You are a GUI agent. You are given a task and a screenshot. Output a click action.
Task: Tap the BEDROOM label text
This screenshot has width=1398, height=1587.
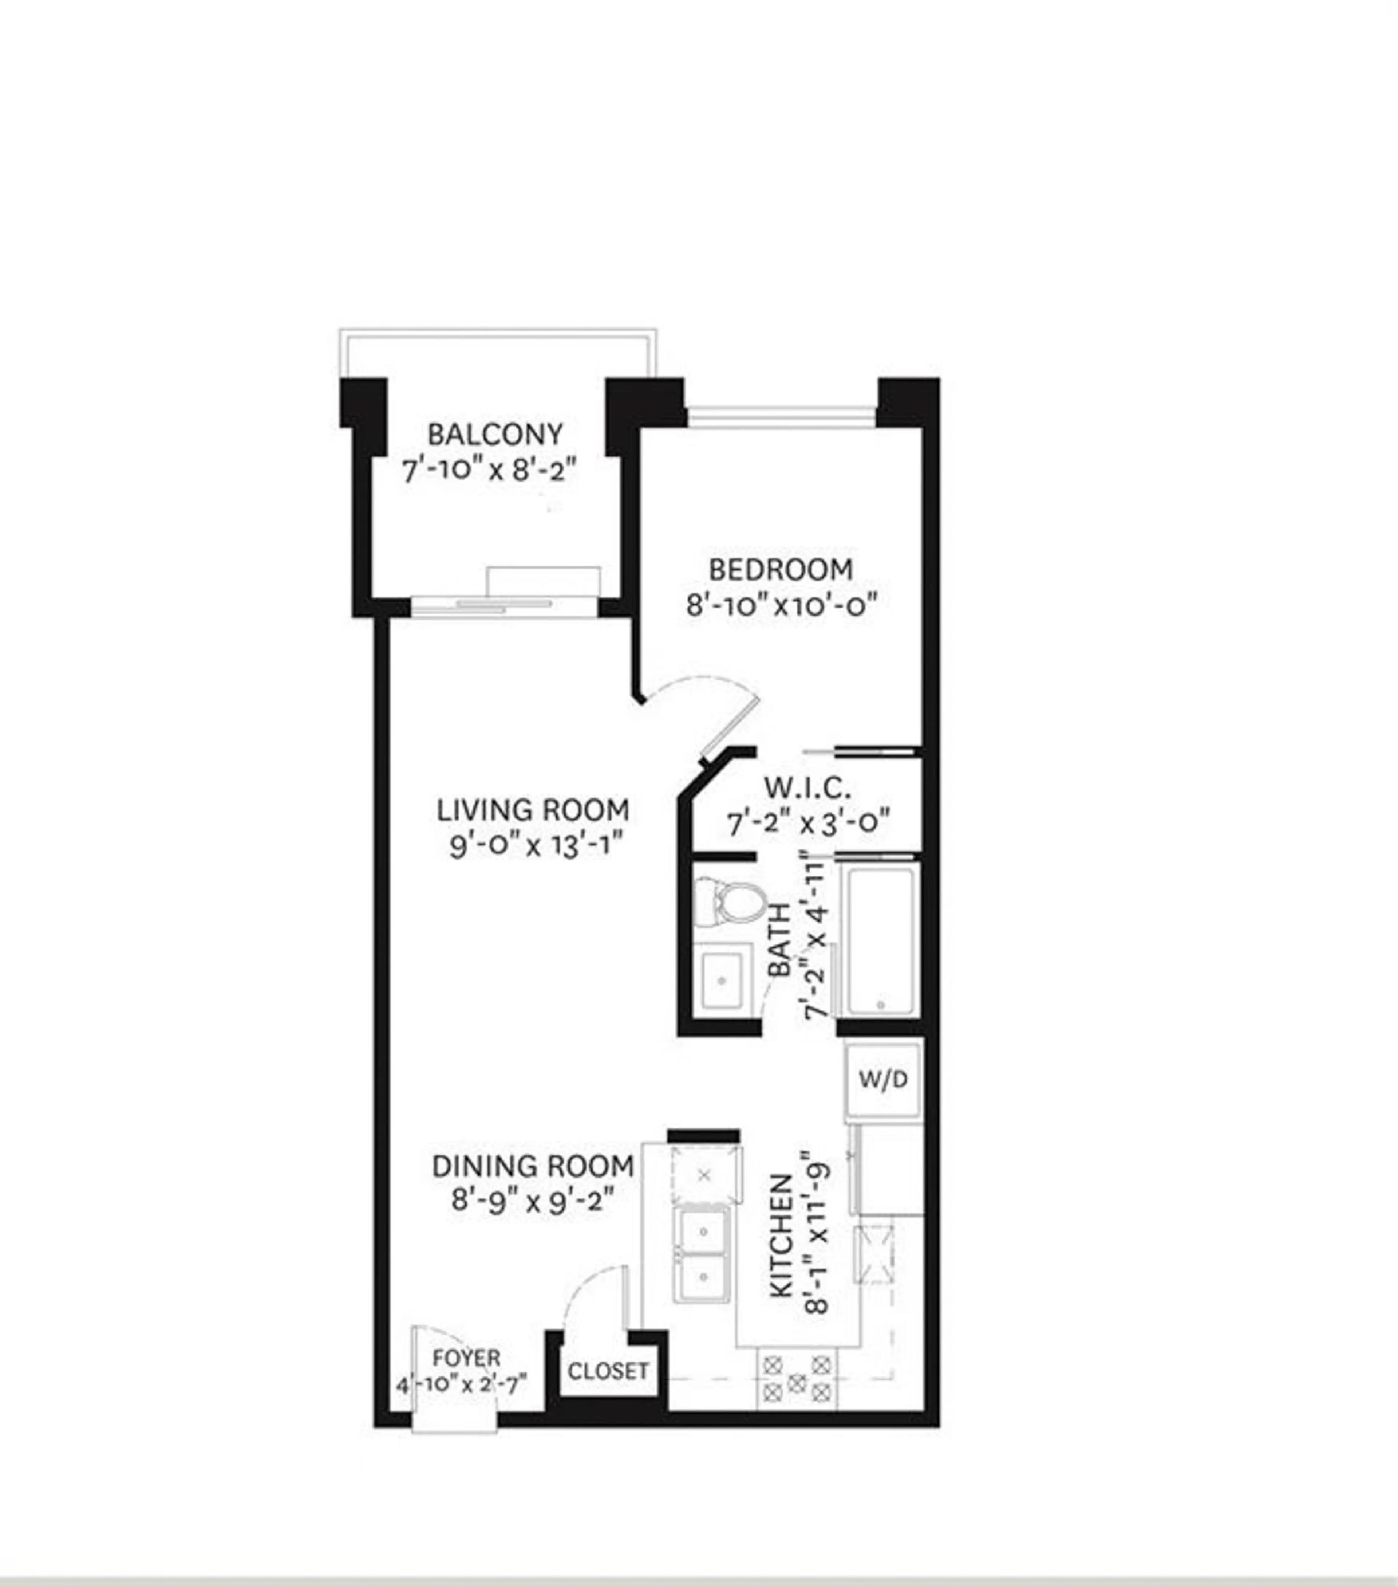coord(780,569)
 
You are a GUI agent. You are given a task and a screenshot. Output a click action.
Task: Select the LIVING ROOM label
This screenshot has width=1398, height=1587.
coord(533,810)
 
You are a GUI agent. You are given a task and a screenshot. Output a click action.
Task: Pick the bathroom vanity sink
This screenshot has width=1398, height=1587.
coord(722,980)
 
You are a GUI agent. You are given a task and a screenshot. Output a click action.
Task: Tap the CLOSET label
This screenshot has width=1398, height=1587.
coord(608,1371)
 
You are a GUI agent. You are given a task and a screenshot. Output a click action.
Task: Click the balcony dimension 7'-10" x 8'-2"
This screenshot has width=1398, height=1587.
coord(490,470)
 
